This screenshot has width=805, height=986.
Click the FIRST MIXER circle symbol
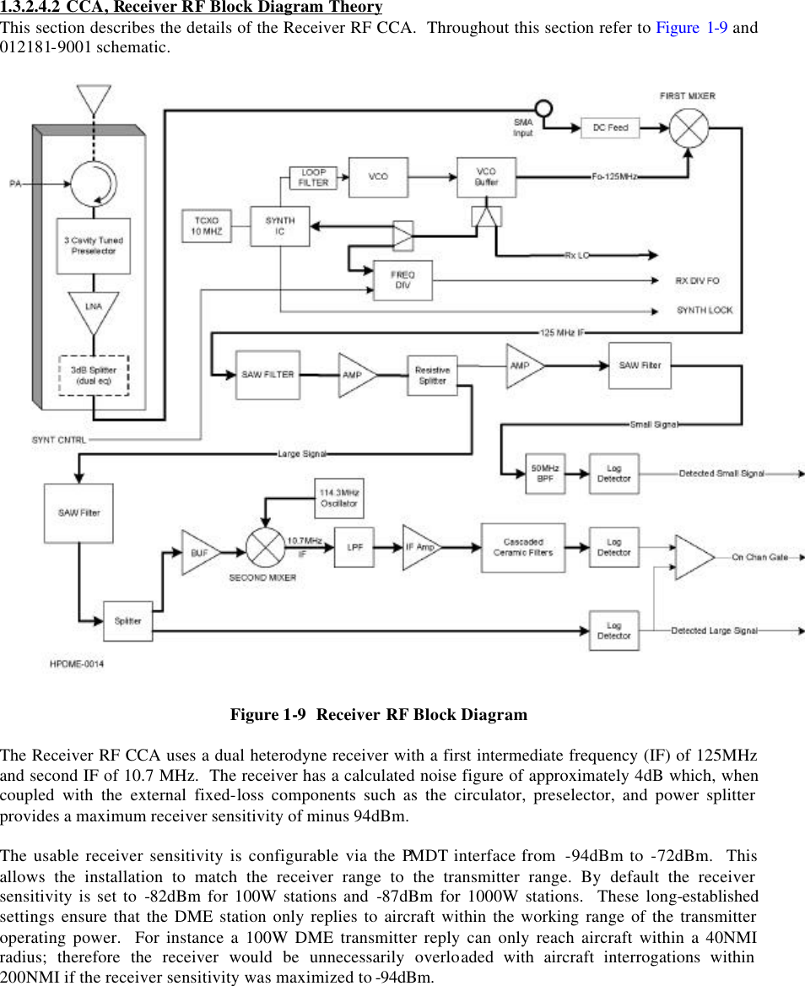click(x=689, y=127)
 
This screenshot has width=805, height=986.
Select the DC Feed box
click(x=610, y=127)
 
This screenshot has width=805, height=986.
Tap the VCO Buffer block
click(x=486, y=177)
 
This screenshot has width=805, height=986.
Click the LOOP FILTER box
click(x=313, y=177)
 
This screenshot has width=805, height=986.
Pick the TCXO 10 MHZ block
click(x=207, y=226)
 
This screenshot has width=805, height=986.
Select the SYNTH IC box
click(x=280, y=226)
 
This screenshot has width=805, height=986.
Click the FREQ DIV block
click(x=402, y=281)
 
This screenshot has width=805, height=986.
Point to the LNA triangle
click(x=94, y=309)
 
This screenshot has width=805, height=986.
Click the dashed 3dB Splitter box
click(x=94, y=375)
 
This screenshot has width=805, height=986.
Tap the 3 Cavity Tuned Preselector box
click(x=94, y=246)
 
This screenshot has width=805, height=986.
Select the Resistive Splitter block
click(x=433, y=376)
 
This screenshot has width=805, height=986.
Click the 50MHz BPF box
click(x=544, y=474)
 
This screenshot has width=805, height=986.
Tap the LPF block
click(x=354, y=547)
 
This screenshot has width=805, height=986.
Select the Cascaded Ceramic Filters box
click(x=523, y=547)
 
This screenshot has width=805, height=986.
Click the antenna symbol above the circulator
click(x=94, y=98)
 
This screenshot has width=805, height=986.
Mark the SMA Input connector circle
click(x=544, y=109)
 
